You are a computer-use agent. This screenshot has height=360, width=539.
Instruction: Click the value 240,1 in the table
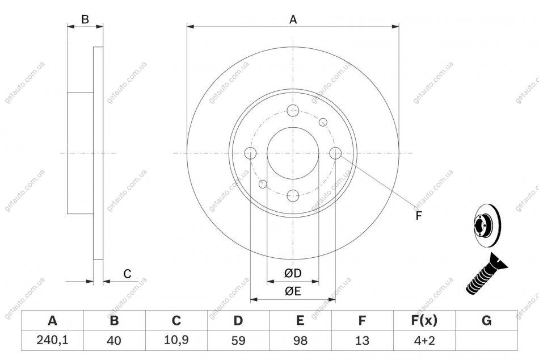[x=52, y=340]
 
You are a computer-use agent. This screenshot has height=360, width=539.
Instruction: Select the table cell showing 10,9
[x=176, y=340]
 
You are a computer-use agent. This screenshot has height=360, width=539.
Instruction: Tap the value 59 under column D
[x=238, y=340]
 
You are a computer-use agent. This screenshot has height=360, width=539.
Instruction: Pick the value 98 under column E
[x=300, y=340]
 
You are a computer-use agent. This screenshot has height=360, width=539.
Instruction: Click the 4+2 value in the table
[x=424, y=340]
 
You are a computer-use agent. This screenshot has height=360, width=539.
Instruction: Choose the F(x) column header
[x=424, y=320]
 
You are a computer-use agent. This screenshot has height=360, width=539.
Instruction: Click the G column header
[x=486, y=320]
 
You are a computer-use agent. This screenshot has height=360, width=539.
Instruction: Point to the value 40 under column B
[x=114, y=340]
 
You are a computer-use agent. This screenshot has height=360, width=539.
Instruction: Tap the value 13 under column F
[x=362, y=340]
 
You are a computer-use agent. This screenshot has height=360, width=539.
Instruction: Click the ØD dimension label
[x=293, y=273]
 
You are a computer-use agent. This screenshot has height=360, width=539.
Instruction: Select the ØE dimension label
[x=293, y=291]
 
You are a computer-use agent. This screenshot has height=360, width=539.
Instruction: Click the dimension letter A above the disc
[x=293, y=20]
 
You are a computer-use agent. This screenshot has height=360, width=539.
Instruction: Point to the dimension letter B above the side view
[x=85, y=20]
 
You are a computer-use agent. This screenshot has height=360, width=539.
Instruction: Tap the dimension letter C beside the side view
[x=127, y=274]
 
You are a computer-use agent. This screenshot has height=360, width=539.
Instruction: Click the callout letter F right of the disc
[x=418, y=216]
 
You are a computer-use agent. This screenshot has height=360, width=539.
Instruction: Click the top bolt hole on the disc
[x=293, y=111]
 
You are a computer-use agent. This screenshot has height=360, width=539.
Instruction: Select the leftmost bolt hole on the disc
[x=250, y=153]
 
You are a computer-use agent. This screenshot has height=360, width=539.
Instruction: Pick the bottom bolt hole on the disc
[x=293, y=196]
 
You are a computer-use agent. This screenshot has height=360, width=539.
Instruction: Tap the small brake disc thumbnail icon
[x=487, y=226]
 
